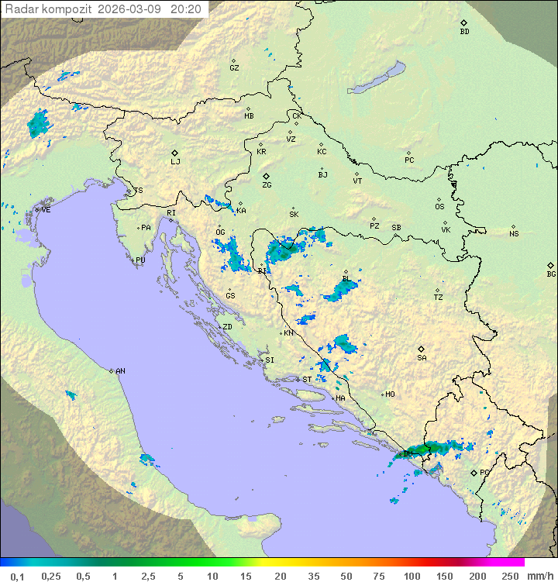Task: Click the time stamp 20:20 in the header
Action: pos(185,9)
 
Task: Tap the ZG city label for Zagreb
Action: pos(267,185)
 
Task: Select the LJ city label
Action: pos(175,161)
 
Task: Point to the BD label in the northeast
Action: pos(464,32)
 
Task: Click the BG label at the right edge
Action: pos(551,274)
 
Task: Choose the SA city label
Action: pos(422,358)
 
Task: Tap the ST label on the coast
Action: pos(307,380)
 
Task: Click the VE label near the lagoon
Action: pos(46,210)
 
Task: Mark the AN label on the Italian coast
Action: pos(120,371)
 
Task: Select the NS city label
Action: pos(514,234)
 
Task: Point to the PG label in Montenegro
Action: pos(484,472)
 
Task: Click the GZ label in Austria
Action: pos(234,67)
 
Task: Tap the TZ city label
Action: pos(439,298)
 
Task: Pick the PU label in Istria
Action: pos(140,260)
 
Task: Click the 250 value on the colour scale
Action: pos(509,576)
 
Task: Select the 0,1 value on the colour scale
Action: pos(17,576)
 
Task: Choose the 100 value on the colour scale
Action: pos(411,576)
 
